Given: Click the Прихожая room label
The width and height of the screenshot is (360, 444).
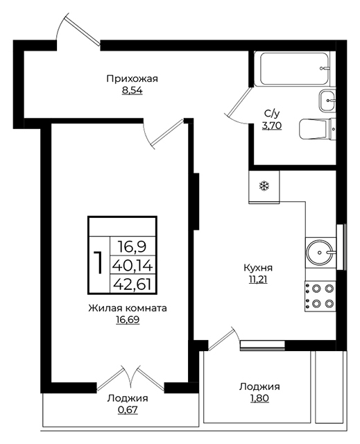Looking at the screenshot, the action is tap(132, 78).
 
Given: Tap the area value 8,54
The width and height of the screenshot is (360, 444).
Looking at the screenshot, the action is tap(132, 91).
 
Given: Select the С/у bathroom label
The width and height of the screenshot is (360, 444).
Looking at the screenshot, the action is tap(272, 114).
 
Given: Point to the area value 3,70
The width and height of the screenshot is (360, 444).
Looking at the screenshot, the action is tap(272, 126).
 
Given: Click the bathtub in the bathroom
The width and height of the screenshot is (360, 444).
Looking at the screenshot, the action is tap(295, 69).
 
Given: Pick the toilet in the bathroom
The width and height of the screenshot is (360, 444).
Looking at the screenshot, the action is tap(317, 129).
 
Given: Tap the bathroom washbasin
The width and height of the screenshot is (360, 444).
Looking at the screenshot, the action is tap(327, 101).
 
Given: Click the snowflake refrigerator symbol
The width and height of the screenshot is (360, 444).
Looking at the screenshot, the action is tap(264, 186).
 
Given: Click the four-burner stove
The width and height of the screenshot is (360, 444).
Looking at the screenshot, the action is tap(320, 296).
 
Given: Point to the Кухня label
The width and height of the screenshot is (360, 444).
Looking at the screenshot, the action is tap(258, 267).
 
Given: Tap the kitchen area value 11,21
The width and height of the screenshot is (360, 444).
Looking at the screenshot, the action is tap(258, 280).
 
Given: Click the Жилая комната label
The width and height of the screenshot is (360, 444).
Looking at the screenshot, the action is tap(128, 308).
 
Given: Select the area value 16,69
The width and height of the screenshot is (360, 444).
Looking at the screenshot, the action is tap(128, 320).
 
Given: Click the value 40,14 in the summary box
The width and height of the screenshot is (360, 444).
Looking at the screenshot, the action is tap(132, 266).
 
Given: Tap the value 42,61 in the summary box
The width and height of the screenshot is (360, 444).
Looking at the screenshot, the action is tap(132, 284).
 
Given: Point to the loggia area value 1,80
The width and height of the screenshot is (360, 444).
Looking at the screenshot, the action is tap(259, 398).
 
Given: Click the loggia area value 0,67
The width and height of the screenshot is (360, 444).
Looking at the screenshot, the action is tap(128, 410).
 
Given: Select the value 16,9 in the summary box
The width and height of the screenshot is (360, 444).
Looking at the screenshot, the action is tap(132, 247).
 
